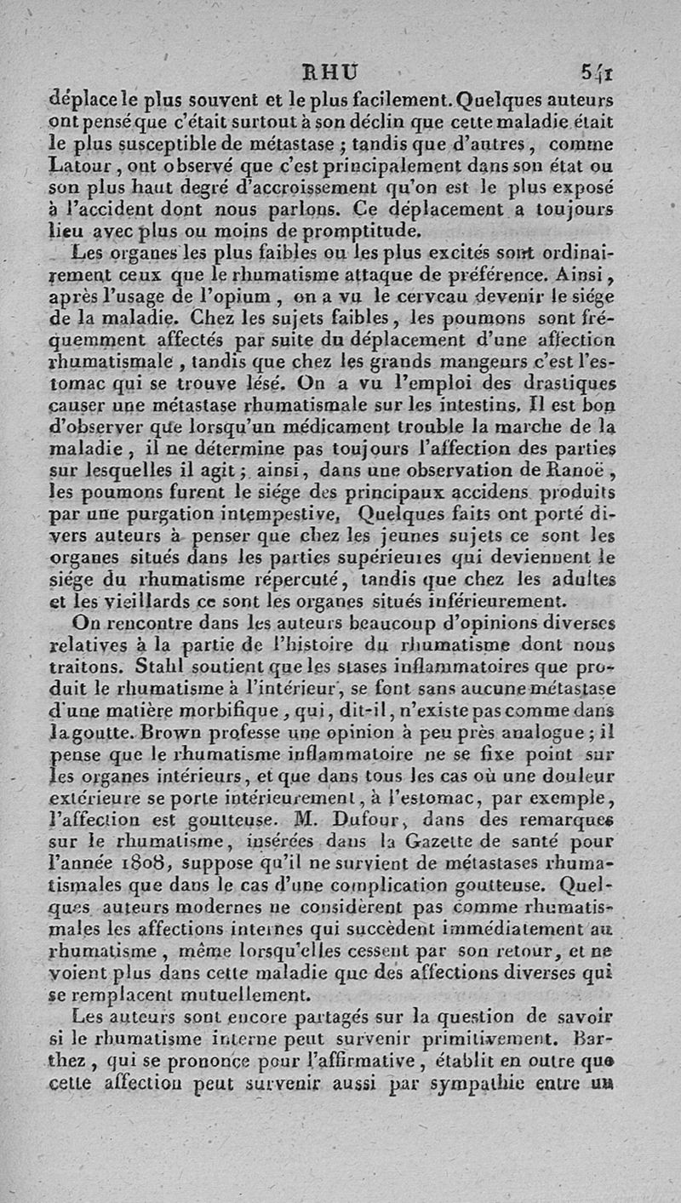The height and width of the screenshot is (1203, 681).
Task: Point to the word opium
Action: pos(246,298)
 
